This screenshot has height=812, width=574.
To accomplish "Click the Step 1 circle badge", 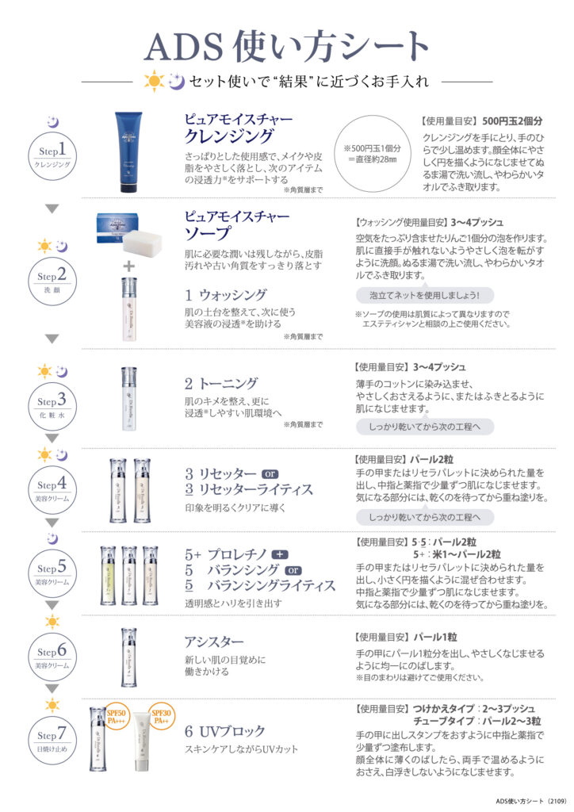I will pyautogui.click(x=53, y=153).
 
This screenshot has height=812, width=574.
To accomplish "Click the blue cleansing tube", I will pyautogui.click(x=130, y=151).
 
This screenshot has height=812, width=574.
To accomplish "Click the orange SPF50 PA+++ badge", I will pyautogui.click(x=118, y=716).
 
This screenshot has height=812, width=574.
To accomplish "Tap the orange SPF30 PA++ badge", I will pyautogui.click(x=162, y=716).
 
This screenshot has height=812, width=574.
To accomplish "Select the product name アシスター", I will pyautogui.click(x=214, y=641).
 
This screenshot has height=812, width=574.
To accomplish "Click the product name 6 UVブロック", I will pyautogui.click(x=225, y=731).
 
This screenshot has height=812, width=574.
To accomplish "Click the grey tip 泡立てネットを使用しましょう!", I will pyautogui.click(x=424, y=296).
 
